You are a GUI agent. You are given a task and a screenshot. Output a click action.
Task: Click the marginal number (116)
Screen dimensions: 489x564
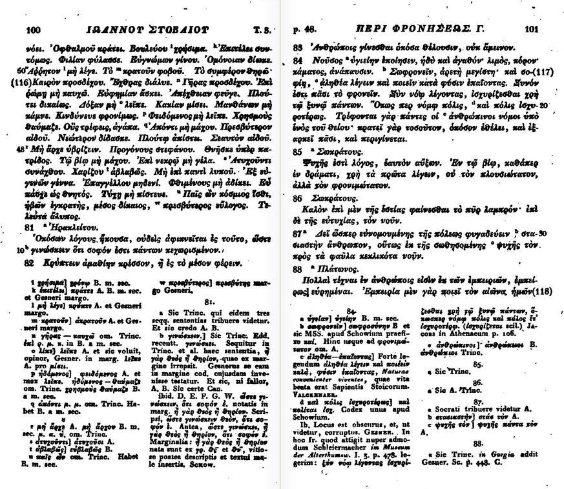[19, 84]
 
